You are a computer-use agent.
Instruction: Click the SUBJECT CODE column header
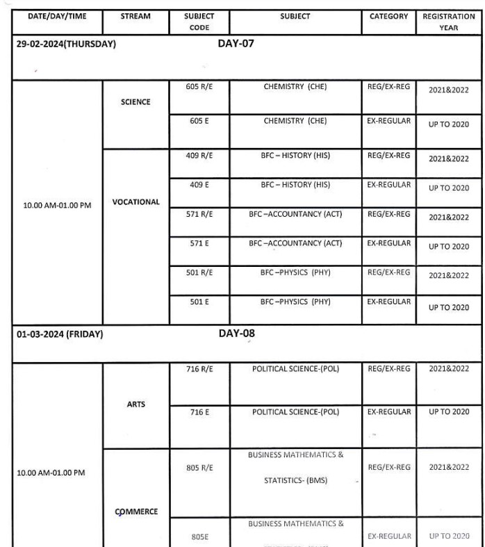[199, 22]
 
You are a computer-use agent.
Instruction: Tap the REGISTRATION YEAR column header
[448, 22]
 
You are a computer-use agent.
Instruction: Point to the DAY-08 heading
[236, 334]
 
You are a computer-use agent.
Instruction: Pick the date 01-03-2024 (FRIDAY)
[60, 334]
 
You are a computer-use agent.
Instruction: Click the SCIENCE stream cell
[135, 102]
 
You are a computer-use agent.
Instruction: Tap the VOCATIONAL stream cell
[135, 202]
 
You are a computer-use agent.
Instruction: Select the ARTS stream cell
[136, 405]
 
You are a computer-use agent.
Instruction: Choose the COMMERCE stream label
[135, 512]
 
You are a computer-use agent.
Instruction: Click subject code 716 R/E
[199, 369]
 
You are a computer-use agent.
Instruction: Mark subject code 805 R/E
[199, 468]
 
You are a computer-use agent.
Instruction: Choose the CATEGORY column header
[388, 16]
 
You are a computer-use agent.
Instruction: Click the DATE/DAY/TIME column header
[57, 16]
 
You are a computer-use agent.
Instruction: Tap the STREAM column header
[135, 16]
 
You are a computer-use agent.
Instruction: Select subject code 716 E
[199, 412]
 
